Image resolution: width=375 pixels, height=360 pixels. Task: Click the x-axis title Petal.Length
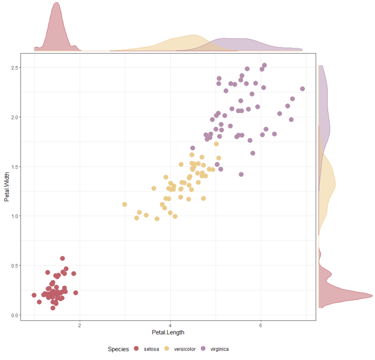168,332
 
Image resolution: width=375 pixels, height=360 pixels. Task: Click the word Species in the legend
118,349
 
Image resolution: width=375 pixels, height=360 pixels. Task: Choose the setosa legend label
151,349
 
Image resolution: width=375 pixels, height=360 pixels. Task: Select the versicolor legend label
184,349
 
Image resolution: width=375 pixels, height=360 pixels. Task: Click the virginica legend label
219,349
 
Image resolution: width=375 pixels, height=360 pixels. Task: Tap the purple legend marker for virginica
203,349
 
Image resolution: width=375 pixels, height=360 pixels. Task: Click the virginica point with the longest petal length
302,88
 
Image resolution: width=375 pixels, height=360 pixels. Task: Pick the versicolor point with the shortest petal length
125,205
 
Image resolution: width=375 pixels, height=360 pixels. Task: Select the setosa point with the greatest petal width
62,258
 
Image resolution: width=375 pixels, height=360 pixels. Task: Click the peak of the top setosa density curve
57,3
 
